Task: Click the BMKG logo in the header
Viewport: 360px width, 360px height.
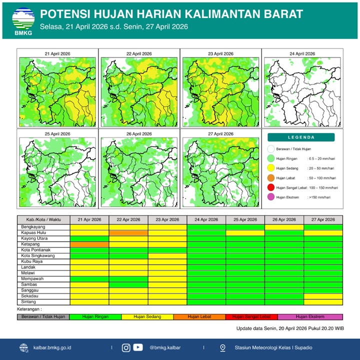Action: [x=23, y=20]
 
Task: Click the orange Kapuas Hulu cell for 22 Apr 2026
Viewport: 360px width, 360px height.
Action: [x=128, y=232]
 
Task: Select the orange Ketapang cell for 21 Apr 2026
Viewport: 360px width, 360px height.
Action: [x=89, y=244]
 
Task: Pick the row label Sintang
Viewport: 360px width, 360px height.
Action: [x=27, y=302]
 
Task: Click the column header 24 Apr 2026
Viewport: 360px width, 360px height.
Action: [x=206, y=219]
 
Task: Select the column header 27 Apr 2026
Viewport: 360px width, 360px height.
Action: [x=323, y=219]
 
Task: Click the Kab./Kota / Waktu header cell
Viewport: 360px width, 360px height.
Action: [x=43, y=219]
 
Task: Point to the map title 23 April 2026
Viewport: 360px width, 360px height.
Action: [x=220, y=53]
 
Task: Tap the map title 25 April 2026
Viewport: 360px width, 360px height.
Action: [x=57, y=134]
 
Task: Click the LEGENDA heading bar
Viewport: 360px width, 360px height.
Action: [x=301, y=137]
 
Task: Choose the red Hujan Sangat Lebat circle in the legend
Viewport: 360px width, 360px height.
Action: [x=270, y=187]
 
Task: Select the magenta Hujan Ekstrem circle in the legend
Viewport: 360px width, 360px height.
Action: [x=270, y=197]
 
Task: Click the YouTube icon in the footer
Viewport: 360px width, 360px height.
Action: [x=138, y=347]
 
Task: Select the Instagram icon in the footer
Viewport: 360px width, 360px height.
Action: [x=126, y=347]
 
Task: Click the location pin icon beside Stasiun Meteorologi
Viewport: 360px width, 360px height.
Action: [x=222, y=347]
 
